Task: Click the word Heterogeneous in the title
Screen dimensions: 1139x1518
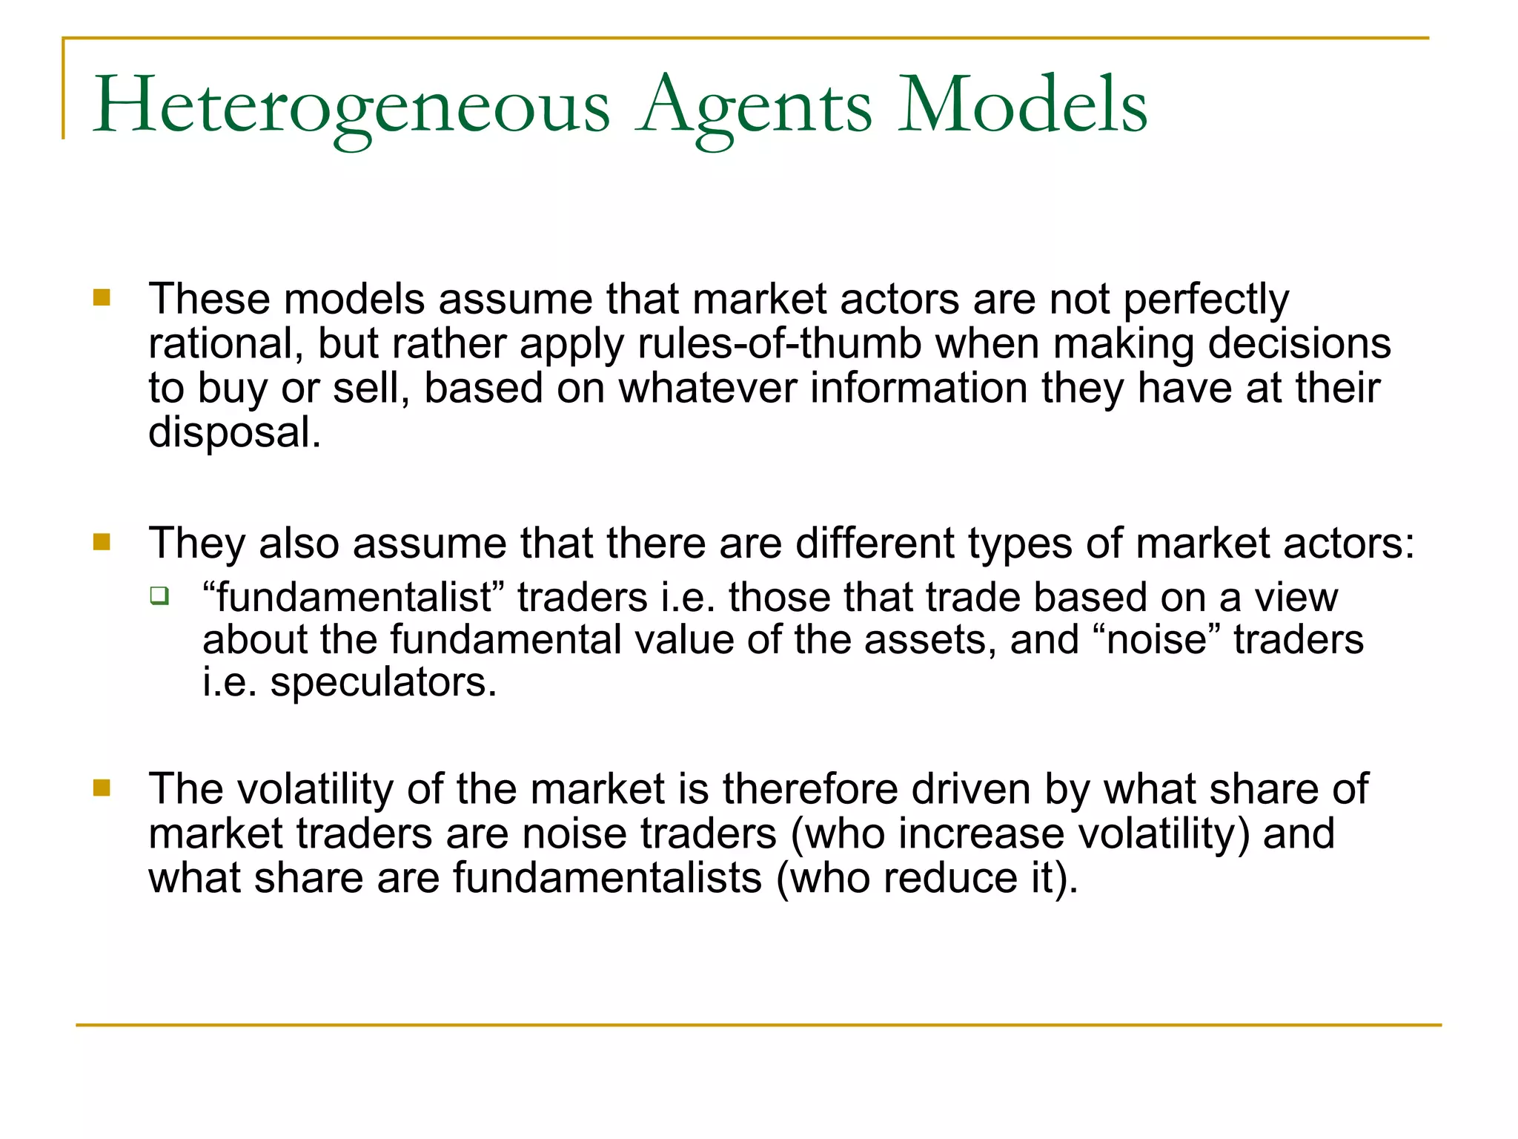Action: pos(351,106)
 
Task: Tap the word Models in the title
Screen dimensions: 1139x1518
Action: pos(1022,106)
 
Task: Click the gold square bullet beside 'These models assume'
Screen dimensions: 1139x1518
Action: pos(102,298)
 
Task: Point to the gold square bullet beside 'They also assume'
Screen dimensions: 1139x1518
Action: pos(102,542)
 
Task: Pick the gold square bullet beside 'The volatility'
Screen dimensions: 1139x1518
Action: pos(102,788)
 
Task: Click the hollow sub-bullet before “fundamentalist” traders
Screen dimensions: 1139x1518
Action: pos(159,595)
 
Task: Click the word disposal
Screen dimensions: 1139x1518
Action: pos(234,432)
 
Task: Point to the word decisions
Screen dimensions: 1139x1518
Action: pos(1299,344)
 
